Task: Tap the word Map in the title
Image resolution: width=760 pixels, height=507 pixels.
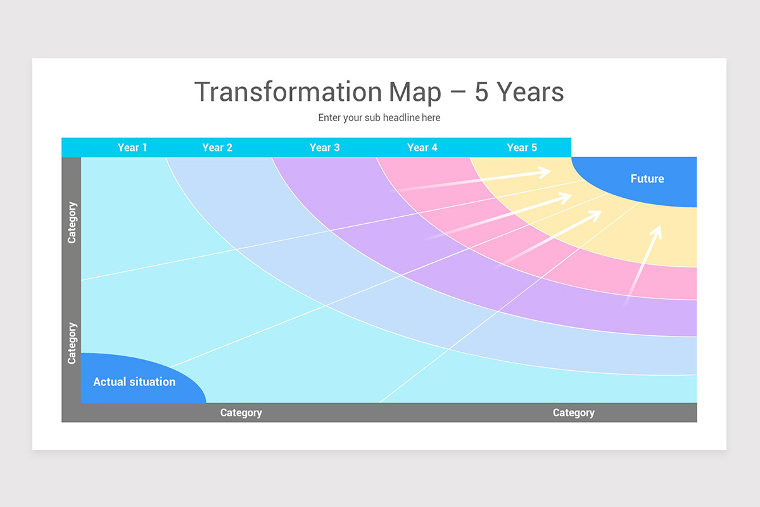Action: click(415, 92)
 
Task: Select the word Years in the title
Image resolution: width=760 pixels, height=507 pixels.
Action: click(530, 92)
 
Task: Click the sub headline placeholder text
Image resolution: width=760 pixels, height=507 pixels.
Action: click(379, 118)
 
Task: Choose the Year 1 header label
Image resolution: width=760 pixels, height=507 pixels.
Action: click(132, 148)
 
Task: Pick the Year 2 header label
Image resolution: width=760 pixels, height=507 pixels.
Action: click(217, 148)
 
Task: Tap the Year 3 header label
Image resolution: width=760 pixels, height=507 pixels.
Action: click(324, 148)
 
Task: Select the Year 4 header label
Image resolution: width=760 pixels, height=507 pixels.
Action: click(422, 148)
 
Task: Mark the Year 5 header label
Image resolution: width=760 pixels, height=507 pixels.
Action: click(522, 148)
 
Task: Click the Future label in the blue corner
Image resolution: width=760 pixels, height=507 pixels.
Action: click(647, 179)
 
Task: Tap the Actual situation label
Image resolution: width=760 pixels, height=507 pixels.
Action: click(134, 382)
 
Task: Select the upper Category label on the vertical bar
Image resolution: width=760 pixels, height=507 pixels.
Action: click(72, 222)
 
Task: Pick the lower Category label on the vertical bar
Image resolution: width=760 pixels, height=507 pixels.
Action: click(72, 343)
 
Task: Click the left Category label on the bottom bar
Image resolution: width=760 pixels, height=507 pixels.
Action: click(241, 413)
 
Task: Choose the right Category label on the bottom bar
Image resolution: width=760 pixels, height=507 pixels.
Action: click(573, 413)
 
